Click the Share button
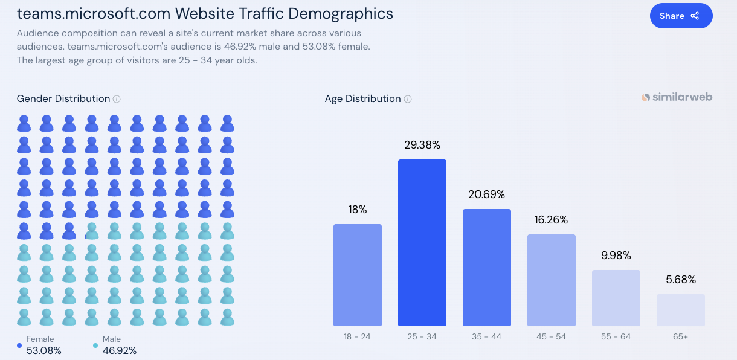coord(681,16)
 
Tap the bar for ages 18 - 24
coord(358,275)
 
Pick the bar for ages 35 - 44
coord(487,268)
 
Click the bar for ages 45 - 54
coord(552,280)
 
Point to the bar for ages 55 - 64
coord(616,298)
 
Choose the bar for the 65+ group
coord(681,310)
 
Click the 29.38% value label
coord(422,145)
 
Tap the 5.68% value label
coord(681,280)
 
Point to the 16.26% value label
coord(552,220)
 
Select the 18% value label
coord(358,210)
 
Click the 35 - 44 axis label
coord(487,336)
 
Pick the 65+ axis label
coord(681,336)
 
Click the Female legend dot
coord(19,346)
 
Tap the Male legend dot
coord(95,346)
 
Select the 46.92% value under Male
coord(120,350)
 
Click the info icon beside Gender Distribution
coord(117,99)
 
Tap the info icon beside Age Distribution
coord(408,99)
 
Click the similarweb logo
coord(677,97)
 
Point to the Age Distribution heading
coord(362,98)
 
